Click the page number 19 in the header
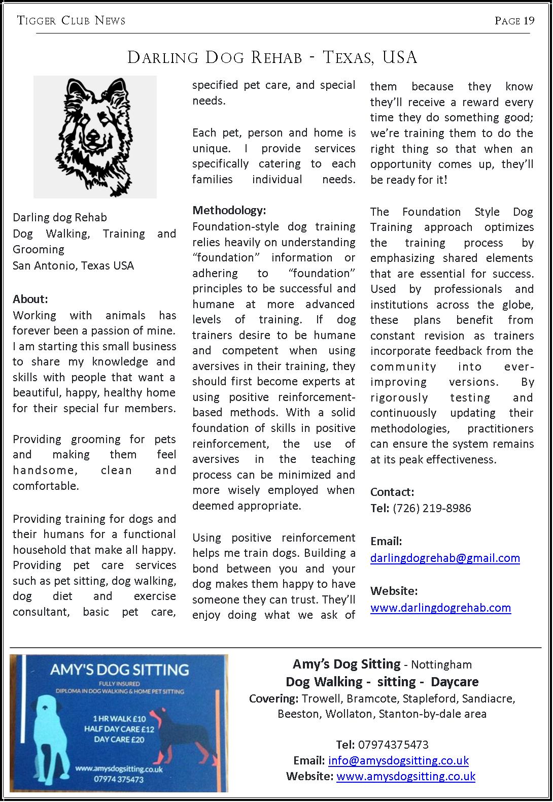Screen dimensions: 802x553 point(529,21)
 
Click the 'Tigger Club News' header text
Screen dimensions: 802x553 point(71,21)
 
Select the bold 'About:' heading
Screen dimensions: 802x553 point(30,299)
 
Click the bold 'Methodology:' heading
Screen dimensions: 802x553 point(229,210)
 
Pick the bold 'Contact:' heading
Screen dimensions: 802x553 point(392,492)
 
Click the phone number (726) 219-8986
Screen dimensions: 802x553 point(432,508)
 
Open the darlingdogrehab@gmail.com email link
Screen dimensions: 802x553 point(445,558)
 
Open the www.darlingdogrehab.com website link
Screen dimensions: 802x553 point(440,608)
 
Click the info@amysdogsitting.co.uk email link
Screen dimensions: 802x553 point(398,760)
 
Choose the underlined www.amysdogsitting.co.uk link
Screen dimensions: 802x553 point(405,776)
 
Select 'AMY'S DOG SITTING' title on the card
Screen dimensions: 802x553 point(119,670)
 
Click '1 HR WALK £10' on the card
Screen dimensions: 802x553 point(119,718)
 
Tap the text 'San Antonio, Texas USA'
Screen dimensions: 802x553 point(73,265)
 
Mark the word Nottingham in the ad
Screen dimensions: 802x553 point(441,664)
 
